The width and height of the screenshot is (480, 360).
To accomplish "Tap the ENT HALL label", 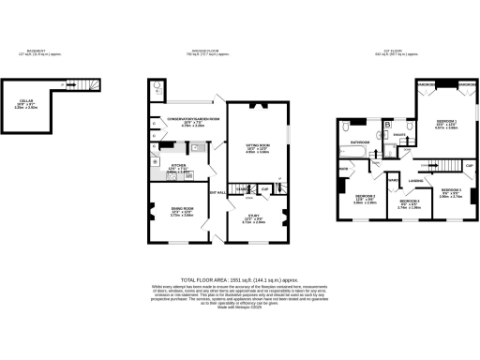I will tap(219, 192).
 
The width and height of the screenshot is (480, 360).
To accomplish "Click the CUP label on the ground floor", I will tap(266, 187).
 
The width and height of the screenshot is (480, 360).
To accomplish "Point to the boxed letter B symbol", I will tap(387, 125).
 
